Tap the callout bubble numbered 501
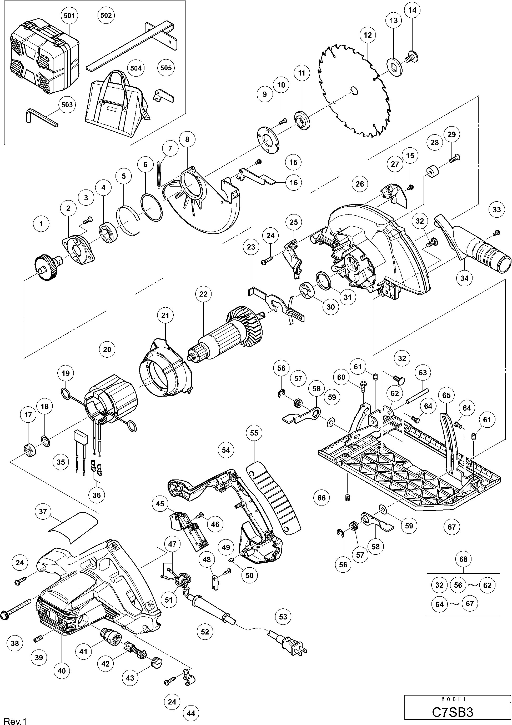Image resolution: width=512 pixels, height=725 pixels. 69,16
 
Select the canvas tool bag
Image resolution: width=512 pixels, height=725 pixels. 117,107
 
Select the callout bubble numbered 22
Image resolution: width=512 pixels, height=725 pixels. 203,294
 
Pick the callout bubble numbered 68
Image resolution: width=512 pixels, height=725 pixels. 463,559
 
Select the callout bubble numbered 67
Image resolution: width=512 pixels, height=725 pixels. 452,527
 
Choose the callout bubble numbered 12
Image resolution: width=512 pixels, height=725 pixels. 368,35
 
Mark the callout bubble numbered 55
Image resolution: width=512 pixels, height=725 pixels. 254,433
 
